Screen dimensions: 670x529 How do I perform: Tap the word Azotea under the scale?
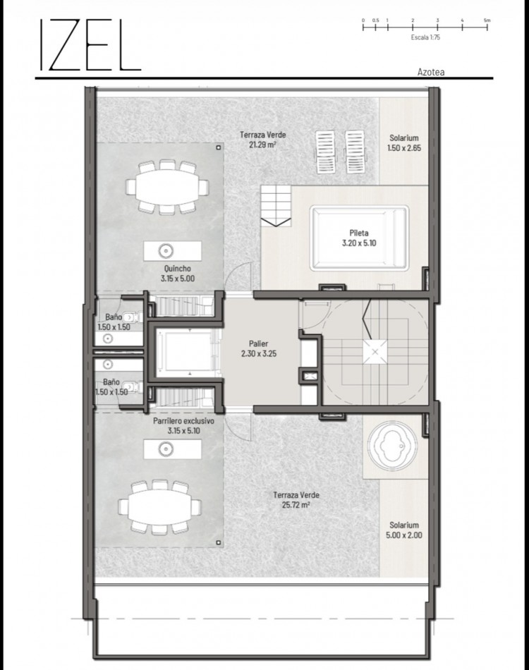click(x=430, y=71)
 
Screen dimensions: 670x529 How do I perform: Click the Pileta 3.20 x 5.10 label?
click(x=358, y=238)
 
